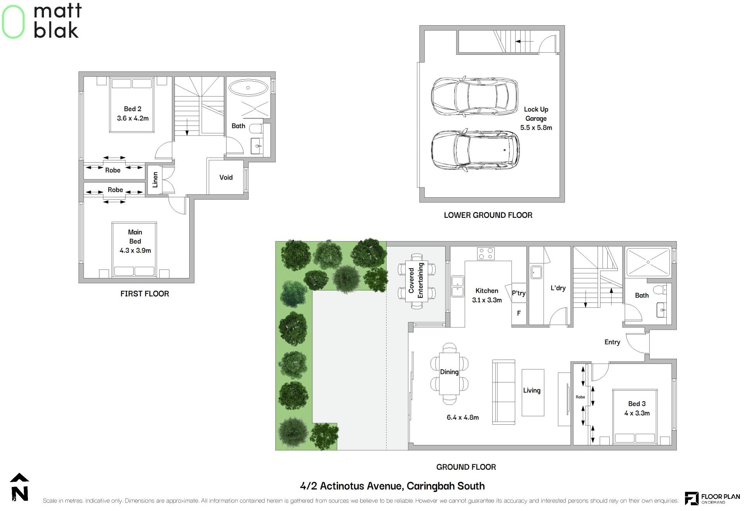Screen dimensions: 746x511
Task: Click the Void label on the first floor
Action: coord(226,177)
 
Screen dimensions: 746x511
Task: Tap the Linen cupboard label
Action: coord(155,180)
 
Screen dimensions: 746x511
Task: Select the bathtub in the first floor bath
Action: coord(248,88)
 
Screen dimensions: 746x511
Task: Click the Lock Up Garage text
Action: coord(536,114)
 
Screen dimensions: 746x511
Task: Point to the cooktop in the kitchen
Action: coord(486,254)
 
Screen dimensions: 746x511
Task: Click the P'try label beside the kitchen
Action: coord(519,293)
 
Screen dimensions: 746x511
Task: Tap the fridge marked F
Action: coord(519,313)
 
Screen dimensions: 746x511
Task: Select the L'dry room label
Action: coord(558,288)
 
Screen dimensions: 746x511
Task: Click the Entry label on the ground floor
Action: coord(612,342)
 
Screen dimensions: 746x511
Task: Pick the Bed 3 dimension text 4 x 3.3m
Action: coord(637,413)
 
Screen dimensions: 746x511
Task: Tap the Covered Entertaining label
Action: coord(416,280)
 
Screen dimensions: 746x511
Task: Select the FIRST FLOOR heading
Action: coord(145,294)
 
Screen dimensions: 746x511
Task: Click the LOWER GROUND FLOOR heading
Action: coord(488,215)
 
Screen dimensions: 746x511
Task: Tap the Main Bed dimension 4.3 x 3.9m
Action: coord(135,250)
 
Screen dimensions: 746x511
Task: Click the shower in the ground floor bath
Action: coord(648,262)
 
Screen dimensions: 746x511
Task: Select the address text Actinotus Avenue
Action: coord(361,486)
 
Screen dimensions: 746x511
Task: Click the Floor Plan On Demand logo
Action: coord(712,498)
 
